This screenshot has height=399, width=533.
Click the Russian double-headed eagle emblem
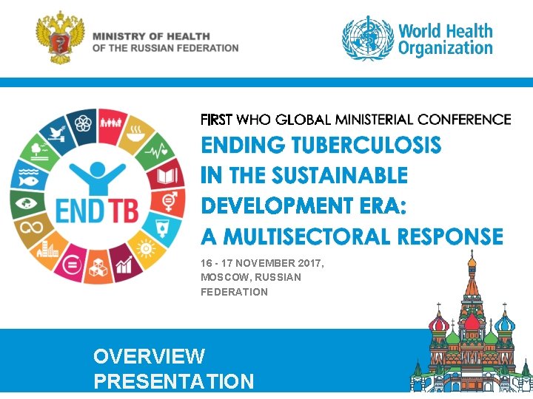pos(61,41)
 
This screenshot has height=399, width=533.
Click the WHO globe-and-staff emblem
pos(366,40)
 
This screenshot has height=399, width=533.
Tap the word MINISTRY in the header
pos(119,36)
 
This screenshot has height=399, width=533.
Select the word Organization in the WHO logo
pos(445,49)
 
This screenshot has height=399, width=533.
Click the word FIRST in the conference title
pos(216,119)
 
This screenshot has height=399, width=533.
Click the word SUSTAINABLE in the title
pos(340,175)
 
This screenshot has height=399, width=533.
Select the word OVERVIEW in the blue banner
pos(149,356)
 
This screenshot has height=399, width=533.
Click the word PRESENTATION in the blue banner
pos(173,381)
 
